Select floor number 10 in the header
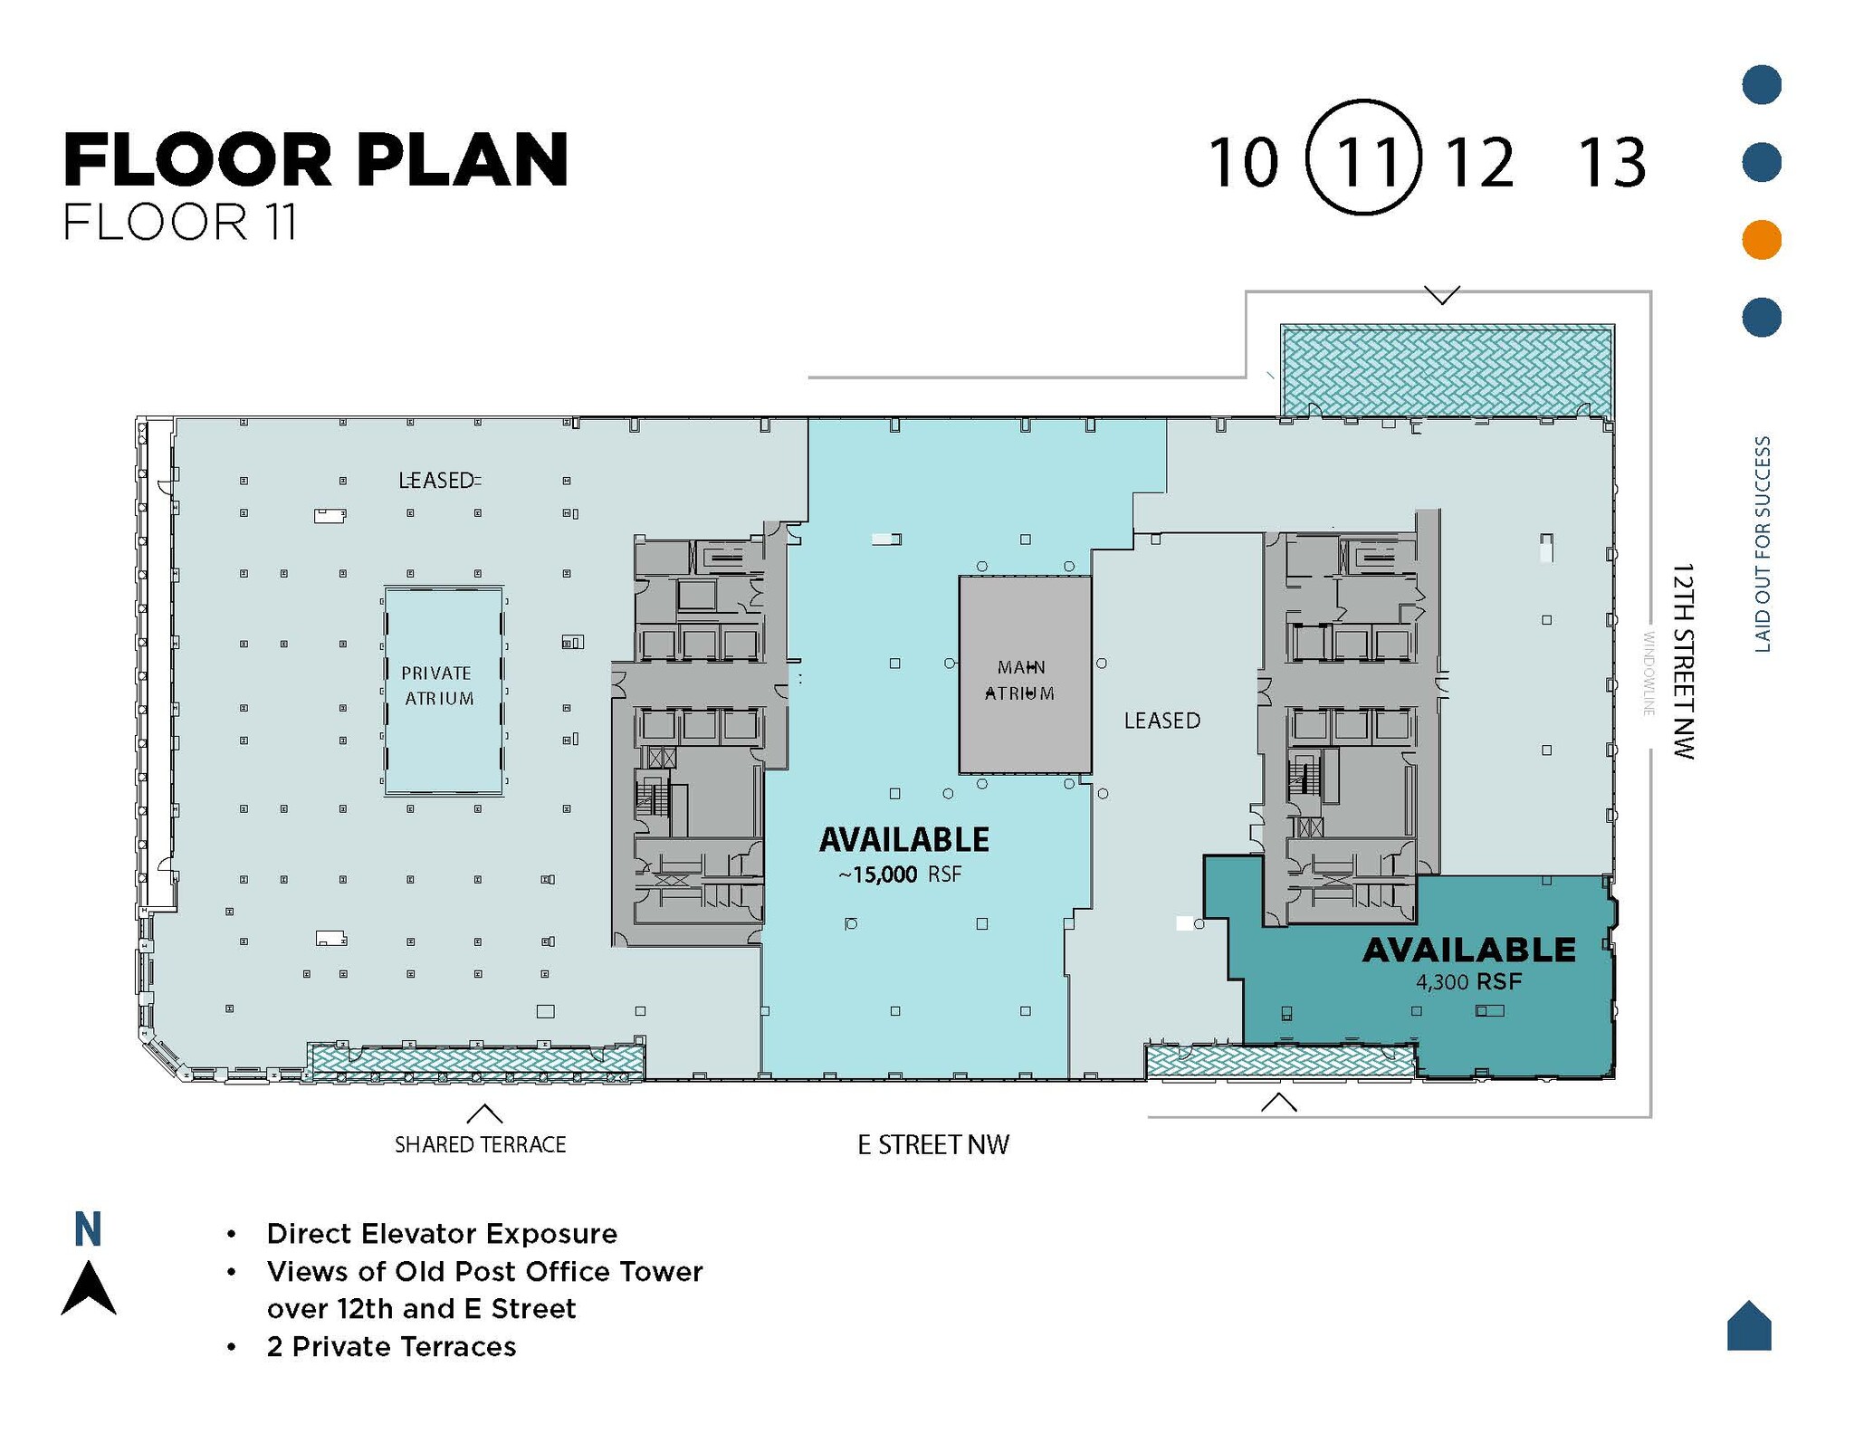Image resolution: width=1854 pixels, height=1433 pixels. point(1244,164)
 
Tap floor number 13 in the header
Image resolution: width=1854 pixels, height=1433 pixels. point(1611,164)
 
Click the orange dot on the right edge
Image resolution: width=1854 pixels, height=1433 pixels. point(1761,240)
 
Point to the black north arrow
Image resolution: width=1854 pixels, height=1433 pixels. point(88,1288)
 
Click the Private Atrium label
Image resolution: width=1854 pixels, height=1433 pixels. point(438,685)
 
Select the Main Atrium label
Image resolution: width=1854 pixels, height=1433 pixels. point(1020,680)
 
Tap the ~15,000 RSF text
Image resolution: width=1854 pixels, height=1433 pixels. point(900,874)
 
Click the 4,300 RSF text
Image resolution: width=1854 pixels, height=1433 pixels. point(1468,981)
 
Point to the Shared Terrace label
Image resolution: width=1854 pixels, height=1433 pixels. point(480,1144)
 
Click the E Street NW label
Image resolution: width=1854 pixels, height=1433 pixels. point(932,1145)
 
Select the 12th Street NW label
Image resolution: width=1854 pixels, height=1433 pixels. point(1681,660)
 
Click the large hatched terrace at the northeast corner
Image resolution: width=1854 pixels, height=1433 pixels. point(1446,371)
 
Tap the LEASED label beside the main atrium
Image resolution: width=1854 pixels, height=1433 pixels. point(1161,721)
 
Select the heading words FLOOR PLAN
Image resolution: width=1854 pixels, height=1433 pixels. point(316,160)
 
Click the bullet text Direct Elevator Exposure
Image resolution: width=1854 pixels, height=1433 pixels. point(442,1234)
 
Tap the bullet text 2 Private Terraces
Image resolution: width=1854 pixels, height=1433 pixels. point(391,1346)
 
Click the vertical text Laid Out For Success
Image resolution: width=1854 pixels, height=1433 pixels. point(1762,544)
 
